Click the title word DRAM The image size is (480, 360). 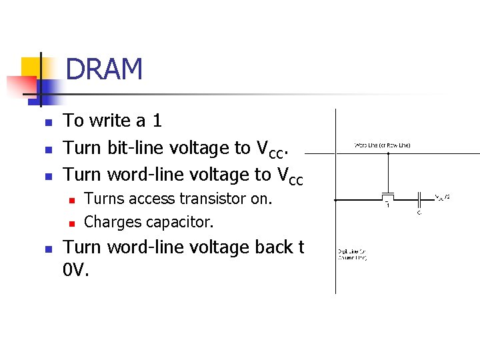click(105, 69)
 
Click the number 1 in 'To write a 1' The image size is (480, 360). click(157, 121)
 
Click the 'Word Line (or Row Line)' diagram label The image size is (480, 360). click(382, 145)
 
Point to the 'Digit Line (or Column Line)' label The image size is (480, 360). click(352, 255)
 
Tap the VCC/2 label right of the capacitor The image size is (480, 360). click(442, 197)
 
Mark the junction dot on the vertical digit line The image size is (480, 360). click(335, 199)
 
